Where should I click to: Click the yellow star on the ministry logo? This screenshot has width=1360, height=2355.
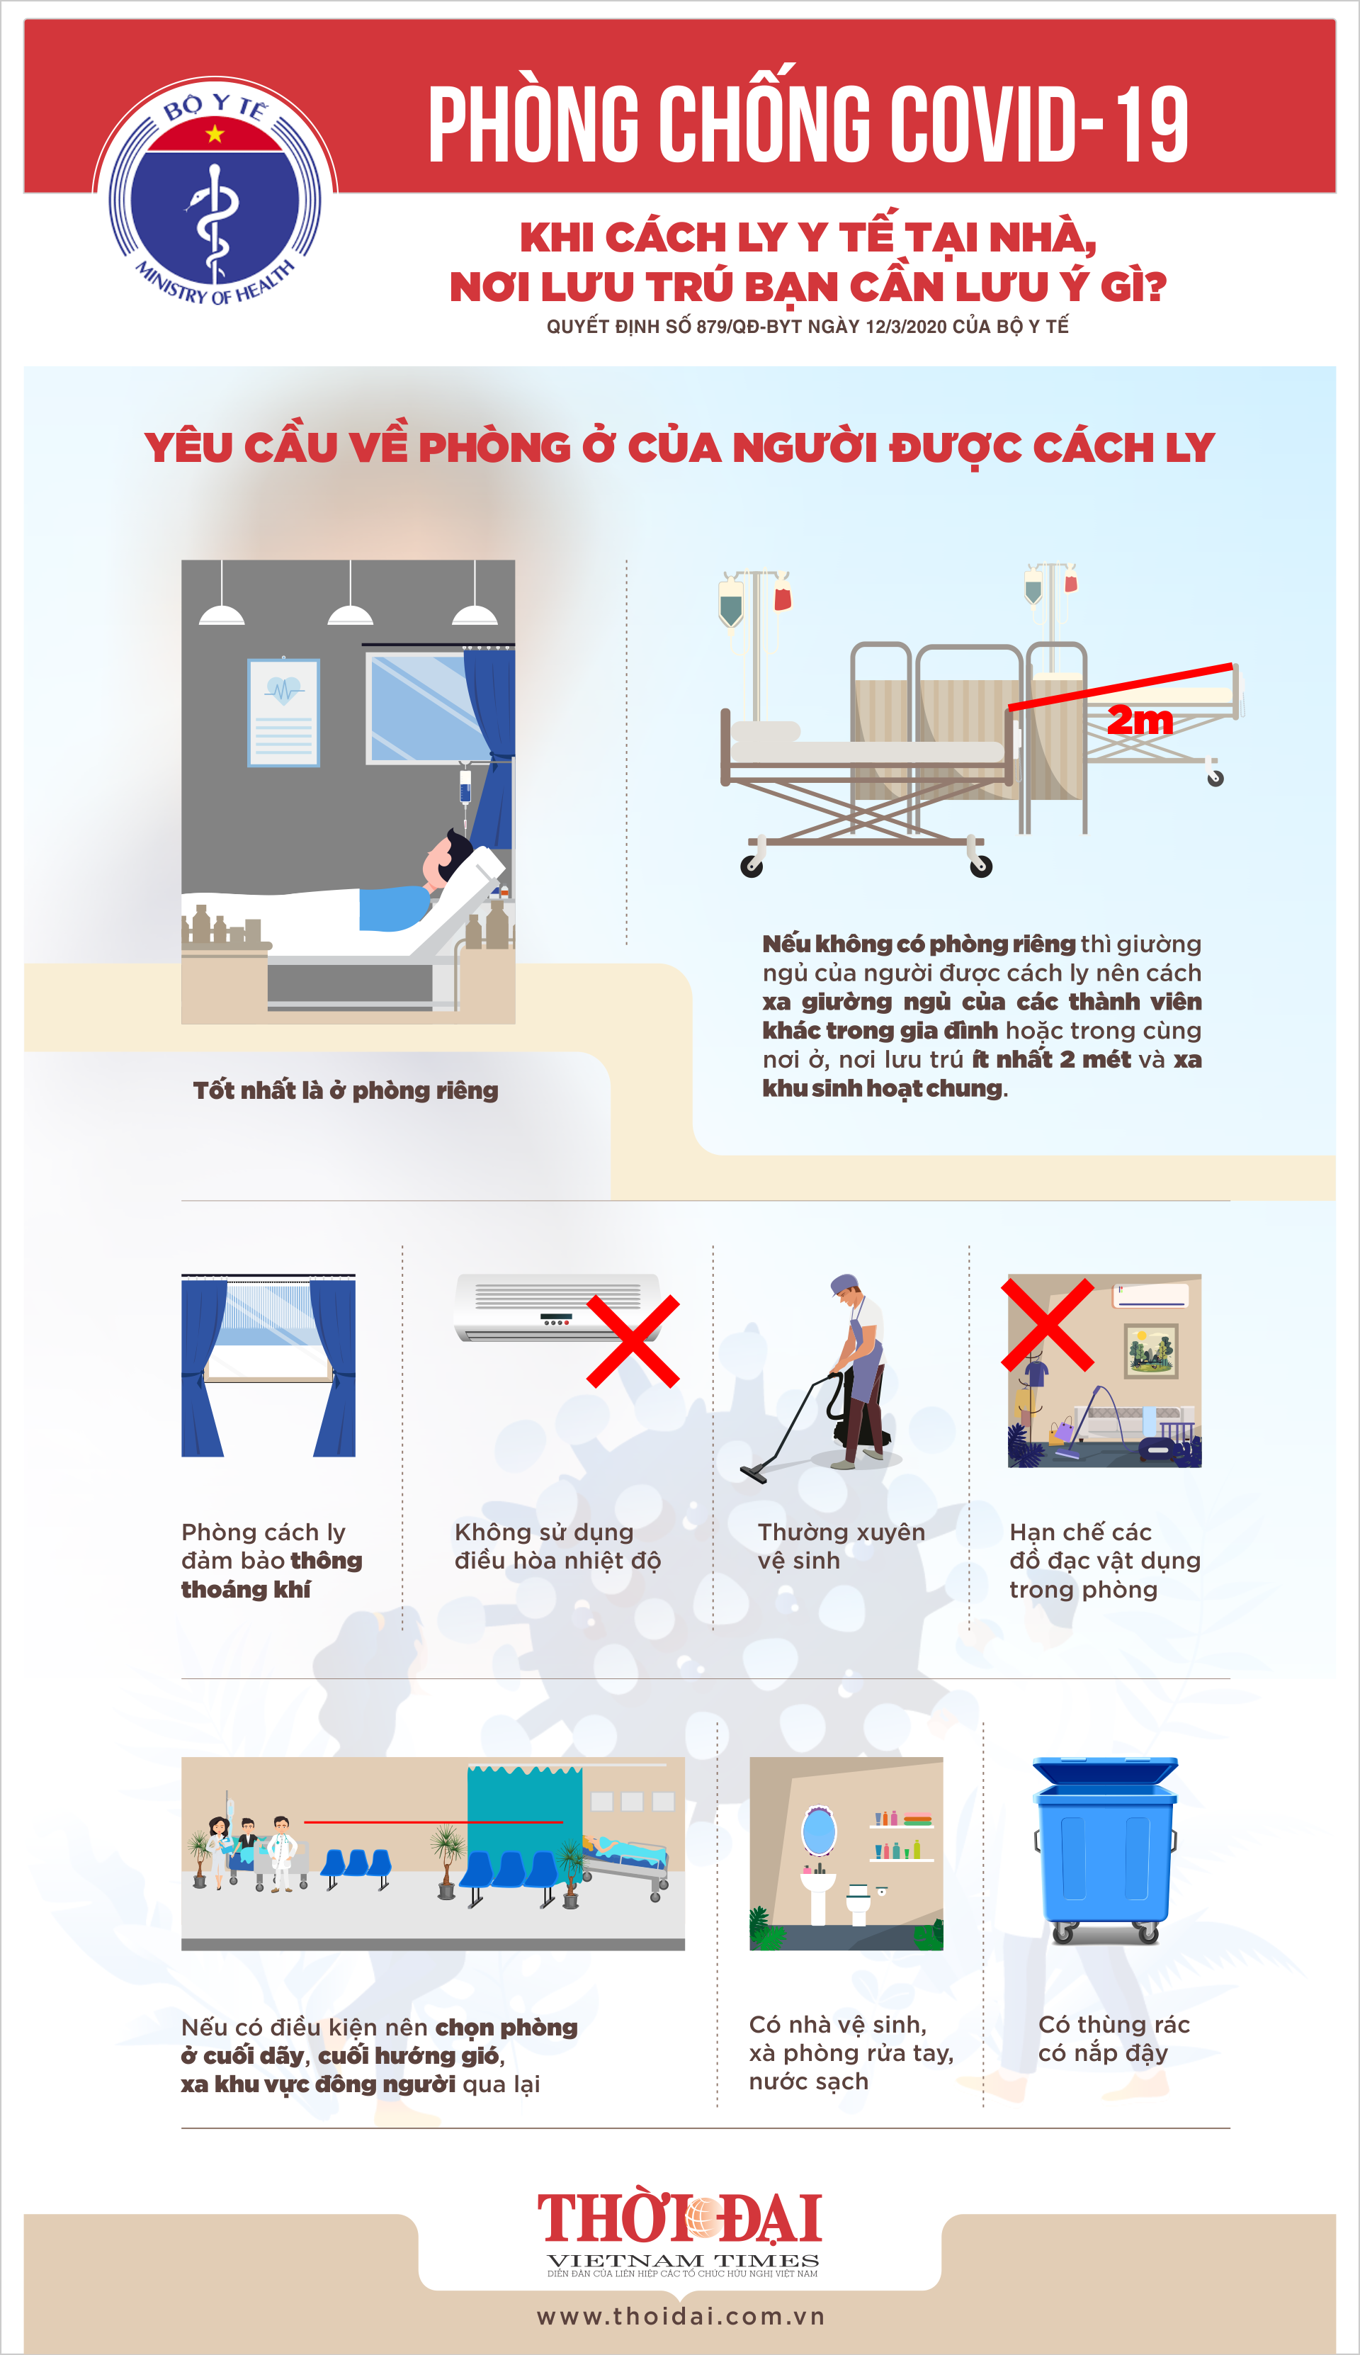[x=215, y=135]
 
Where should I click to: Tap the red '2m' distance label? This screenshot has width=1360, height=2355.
[x=1140, y=719]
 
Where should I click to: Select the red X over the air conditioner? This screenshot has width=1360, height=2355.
[x=633, y=1340]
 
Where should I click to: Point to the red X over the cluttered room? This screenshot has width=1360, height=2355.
[x=1047, y=1325]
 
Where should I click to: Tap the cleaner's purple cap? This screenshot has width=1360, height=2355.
[x=844, y=1282]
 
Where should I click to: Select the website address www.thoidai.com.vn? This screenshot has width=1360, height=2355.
[x=681, y=2316]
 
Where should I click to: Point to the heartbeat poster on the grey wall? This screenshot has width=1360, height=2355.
[x=283, y=712]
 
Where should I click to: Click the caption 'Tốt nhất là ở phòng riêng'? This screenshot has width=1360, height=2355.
[x=346, y=1090]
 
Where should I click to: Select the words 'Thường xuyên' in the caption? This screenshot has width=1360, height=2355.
[x=841, y=1532]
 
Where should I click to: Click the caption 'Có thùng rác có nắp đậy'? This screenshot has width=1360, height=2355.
[x=1113, y=2038]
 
